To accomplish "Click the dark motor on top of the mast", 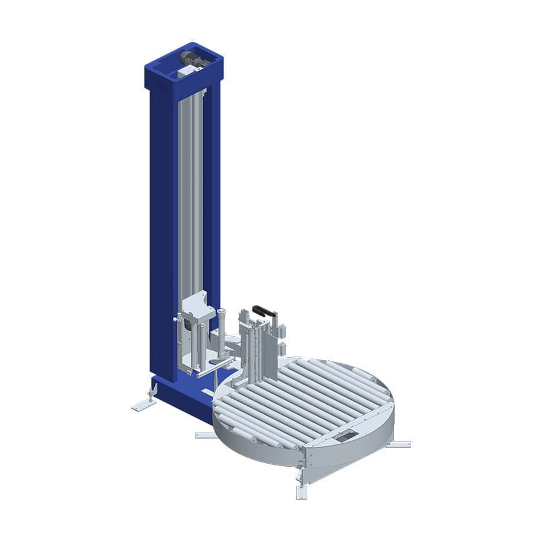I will [x=192, y=60].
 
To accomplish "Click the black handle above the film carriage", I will [x=264, y=312].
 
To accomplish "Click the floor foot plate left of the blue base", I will [x=143, y=405].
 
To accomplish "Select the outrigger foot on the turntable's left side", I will [x=205, y=434].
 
